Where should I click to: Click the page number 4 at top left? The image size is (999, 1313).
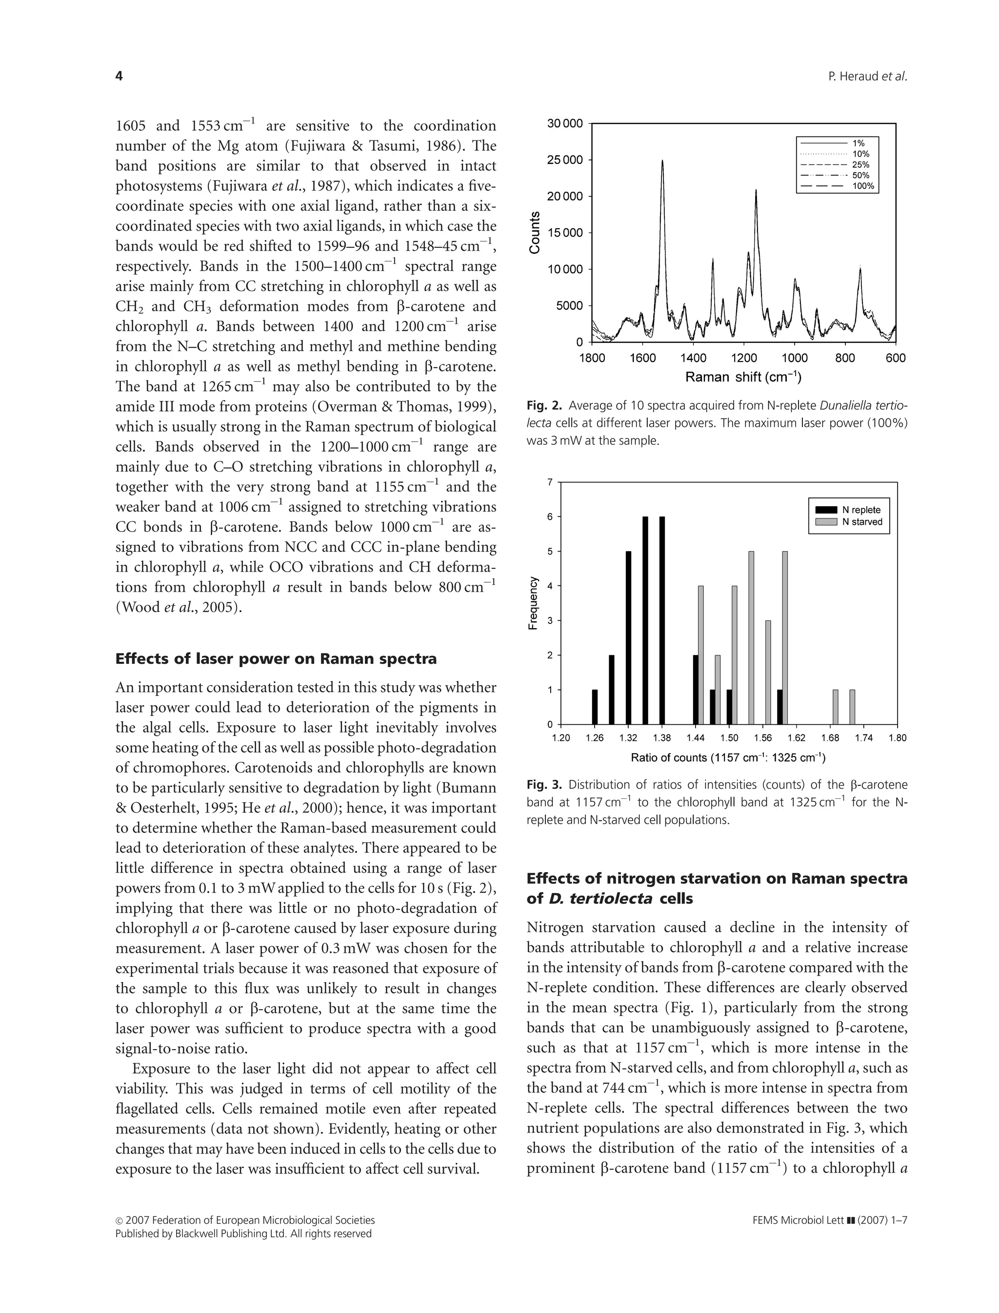119,76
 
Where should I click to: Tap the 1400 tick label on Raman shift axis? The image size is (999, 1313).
693,358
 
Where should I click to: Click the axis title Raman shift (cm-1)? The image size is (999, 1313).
743,377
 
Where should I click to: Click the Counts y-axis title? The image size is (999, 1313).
535,233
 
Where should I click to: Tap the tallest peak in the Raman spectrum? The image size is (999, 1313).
662,162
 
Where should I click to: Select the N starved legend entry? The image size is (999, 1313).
861,521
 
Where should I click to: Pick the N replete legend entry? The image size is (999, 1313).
860,510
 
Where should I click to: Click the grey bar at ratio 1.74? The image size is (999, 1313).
852,707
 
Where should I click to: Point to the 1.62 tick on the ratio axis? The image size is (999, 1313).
796,738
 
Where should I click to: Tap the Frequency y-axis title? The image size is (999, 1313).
533,603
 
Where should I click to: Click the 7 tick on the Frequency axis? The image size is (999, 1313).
550,482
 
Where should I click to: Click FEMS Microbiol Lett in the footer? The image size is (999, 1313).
798,1220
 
